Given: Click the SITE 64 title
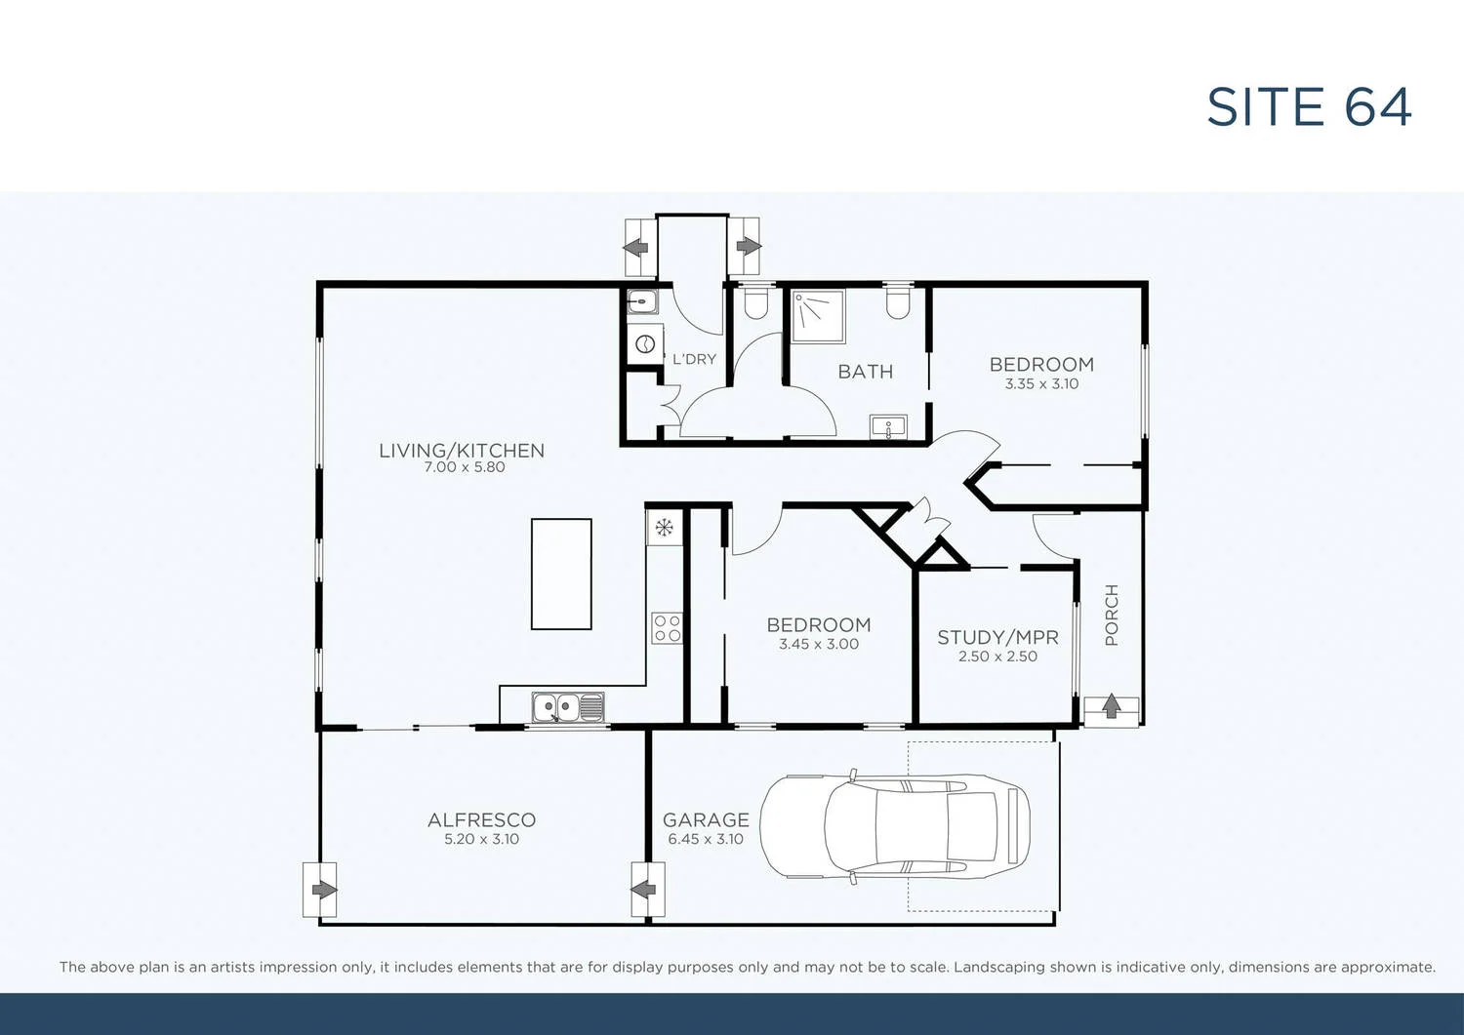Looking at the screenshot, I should (1309, 107).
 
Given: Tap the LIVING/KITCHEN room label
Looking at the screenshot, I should (462, 450).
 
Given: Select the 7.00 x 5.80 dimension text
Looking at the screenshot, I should (465, 467).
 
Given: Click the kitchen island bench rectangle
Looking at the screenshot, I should (561, 574).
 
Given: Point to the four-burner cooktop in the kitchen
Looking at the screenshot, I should (667, 628).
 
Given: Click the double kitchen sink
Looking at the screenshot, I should (567, 707).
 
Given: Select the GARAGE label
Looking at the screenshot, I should (706, 820).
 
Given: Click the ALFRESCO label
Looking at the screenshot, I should (481, 820).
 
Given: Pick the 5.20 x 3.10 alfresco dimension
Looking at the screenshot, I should (481, 839).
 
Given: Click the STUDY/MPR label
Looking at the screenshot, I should (997, 637).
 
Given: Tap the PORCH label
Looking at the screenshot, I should (1112, 616).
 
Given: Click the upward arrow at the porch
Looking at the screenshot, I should (1111, 707).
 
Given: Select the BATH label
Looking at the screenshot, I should (865, 372).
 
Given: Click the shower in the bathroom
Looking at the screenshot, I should (817, 316).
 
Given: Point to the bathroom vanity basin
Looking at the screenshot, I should (888, 427).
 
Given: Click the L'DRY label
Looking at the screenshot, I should (694, 359).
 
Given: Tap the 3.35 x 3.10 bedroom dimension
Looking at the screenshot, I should (1041, 384).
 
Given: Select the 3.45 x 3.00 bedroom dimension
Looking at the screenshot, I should (819, 644).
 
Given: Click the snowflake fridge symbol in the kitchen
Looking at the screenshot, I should (664, 529).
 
